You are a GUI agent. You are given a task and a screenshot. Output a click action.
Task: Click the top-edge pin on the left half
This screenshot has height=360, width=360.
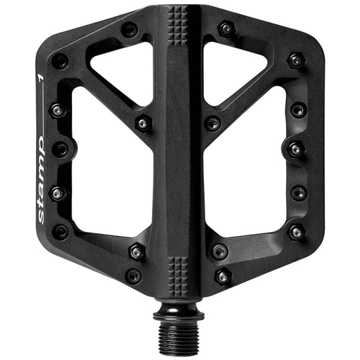(x=129, y=29)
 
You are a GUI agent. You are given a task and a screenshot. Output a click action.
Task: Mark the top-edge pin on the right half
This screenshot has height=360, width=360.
(x=227, y=29)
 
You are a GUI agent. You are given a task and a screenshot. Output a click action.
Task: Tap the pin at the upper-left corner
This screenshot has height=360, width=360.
(x=60, y=61)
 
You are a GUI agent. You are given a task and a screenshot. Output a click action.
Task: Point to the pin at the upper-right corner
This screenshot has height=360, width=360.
(x=296, y=61)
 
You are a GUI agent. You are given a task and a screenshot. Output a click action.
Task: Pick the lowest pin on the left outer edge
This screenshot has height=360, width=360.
(x=61, y=232)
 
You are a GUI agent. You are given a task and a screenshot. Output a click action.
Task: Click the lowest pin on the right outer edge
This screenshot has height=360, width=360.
(x=296, y=232)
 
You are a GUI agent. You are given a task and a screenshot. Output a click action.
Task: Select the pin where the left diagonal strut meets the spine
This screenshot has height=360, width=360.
(x=143, y=123)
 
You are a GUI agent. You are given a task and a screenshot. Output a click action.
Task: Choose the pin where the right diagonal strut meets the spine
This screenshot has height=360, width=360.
(x=213, y=123)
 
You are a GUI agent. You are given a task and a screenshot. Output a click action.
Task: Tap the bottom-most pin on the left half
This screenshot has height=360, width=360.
(x=133, y=275)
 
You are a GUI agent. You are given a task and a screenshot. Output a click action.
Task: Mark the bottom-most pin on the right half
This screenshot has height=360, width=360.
(x=223, y=275)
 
